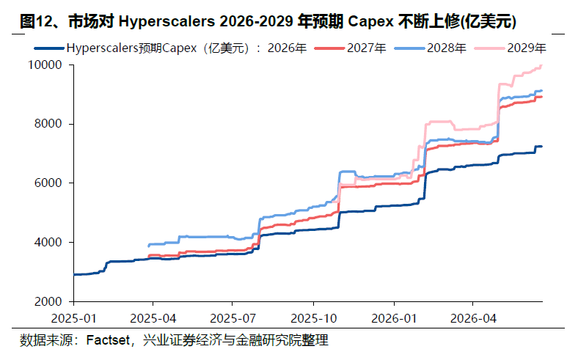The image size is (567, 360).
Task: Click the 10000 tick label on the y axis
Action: [45, 65]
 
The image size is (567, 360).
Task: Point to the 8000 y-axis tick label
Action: [48, 124]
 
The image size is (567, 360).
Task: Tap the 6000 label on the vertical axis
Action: [48, 183]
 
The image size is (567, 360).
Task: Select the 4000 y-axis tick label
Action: [48, 242]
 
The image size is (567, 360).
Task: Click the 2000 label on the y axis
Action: [48, 301]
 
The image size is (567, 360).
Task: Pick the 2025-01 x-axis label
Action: [74, 318]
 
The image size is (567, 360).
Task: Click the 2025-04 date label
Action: [153, 318]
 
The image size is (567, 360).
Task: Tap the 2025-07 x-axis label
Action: [233, 318]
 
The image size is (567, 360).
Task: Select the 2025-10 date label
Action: [313, 318]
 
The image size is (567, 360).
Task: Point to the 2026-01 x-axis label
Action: [394, 318]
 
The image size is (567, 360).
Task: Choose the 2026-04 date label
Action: [473, 318]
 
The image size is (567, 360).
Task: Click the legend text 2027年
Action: [367, 48]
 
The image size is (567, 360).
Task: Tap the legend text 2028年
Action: [447, 48]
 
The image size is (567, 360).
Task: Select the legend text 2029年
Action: [527, 48]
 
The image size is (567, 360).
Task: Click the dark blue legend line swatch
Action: [50, 48]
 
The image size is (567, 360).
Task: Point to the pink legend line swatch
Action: [490, 48]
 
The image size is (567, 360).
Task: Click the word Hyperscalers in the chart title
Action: [167, 22]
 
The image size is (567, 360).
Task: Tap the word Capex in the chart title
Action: [370, 22]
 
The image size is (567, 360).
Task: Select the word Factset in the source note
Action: [108, 340]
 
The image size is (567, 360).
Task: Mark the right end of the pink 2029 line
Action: [541, 65]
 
